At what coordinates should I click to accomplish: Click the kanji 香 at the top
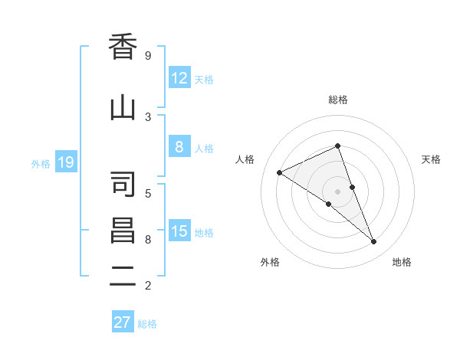point(123,47)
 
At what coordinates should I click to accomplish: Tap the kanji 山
point(123,108)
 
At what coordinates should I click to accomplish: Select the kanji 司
point(123,185)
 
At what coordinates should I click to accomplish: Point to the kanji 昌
point(123,231)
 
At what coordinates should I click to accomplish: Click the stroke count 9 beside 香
point(148,56)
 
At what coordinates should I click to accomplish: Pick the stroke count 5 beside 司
point(148,193)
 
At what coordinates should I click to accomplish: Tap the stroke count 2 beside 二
point(148,286)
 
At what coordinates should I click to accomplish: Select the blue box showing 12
point(179,78)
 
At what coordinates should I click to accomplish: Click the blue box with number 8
point(179,147)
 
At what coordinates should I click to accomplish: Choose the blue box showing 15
point(179,231)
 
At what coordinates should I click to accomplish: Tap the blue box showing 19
point(65,162)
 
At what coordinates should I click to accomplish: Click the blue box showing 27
point(123,322)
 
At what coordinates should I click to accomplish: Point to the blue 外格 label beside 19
point(41,163)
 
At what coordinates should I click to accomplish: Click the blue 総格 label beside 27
point(147,324)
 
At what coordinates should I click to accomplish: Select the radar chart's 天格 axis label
point(432,159)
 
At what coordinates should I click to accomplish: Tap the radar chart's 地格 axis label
point(402,262)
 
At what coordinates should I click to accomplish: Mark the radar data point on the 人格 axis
point(280,172)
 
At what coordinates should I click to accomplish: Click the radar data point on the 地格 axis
point(374,242)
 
